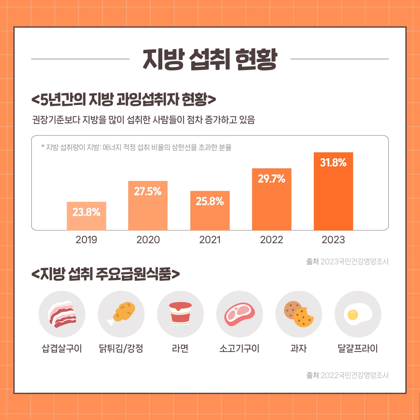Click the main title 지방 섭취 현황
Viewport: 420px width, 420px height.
coord(210,59)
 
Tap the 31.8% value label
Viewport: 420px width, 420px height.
coord(333,162)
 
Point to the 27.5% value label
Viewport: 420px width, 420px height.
coord(148,191)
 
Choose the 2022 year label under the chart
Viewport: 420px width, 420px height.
coord(272,240)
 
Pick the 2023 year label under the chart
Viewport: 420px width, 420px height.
coord(333,240)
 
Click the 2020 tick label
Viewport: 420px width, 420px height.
coord(148,240)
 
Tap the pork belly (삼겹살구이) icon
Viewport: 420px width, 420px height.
coord(62,314)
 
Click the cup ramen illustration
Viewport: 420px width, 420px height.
coord(180,315)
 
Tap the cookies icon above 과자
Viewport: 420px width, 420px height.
coord(299,314)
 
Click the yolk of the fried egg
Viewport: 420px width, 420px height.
coord(353,314)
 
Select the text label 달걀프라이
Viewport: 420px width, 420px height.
coord(358,348)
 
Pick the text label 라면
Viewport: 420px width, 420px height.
coord(180,348)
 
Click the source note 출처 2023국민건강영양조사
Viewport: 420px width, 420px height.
coord(347,262)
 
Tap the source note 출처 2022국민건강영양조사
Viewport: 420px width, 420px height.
coord(347,375)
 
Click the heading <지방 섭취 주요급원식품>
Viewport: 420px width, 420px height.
coord(106,274)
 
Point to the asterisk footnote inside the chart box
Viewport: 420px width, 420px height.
coord(136,147)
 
